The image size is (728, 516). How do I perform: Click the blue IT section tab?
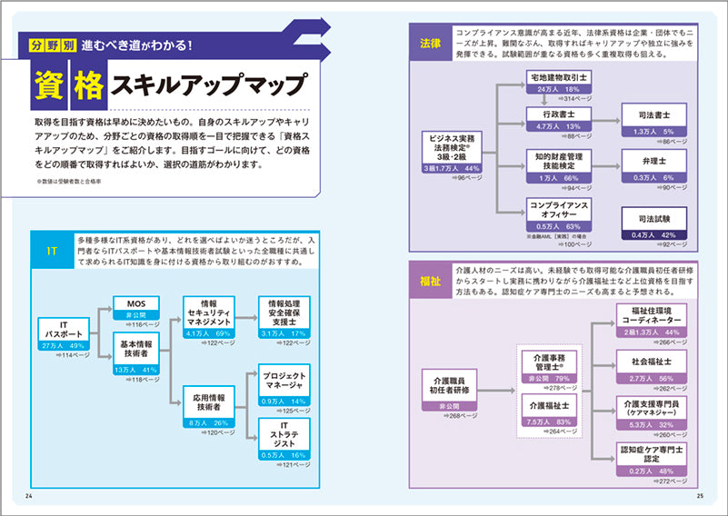pyautogui.click(x=54, y=252)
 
